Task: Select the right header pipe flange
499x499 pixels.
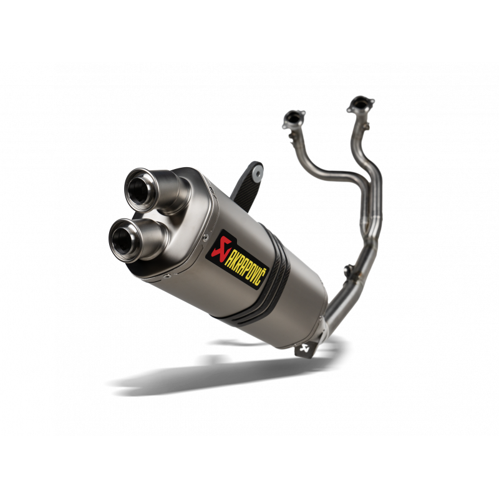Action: (360, 104)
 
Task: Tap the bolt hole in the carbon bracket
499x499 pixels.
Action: (255, 167)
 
